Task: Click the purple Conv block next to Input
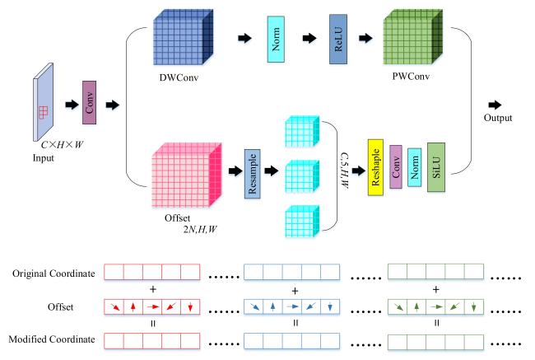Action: (x=90, y=103)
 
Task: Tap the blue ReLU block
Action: (x=338, y=39)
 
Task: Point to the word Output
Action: (x=497, y=118)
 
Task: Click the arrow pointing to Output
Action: (x=495, y=105)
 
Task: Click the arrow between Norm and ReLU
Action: (x=309, y=38)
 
